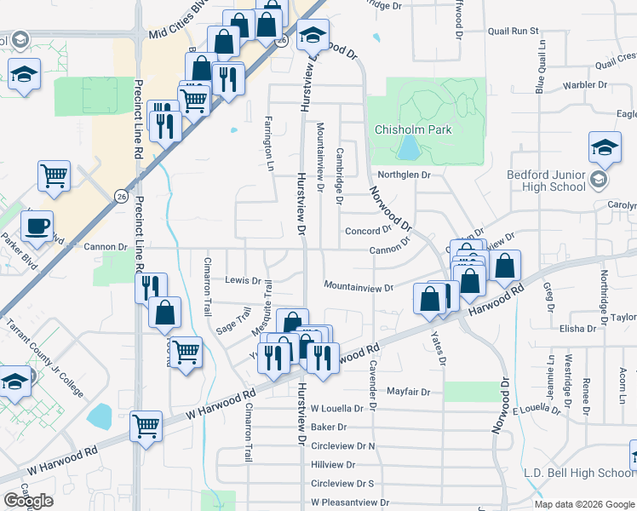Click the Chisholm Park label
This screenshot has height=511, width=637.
[x=414, y=130]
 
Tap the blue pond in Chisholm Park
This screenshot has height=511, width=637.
[x=409, y=149]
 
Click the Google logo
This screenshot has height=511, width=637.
[x=28, y=500]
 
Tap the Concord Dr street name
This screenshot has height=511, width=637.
[x=367, y=231]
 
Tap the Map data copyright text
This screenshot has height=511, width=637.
[x=584, y=504]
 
